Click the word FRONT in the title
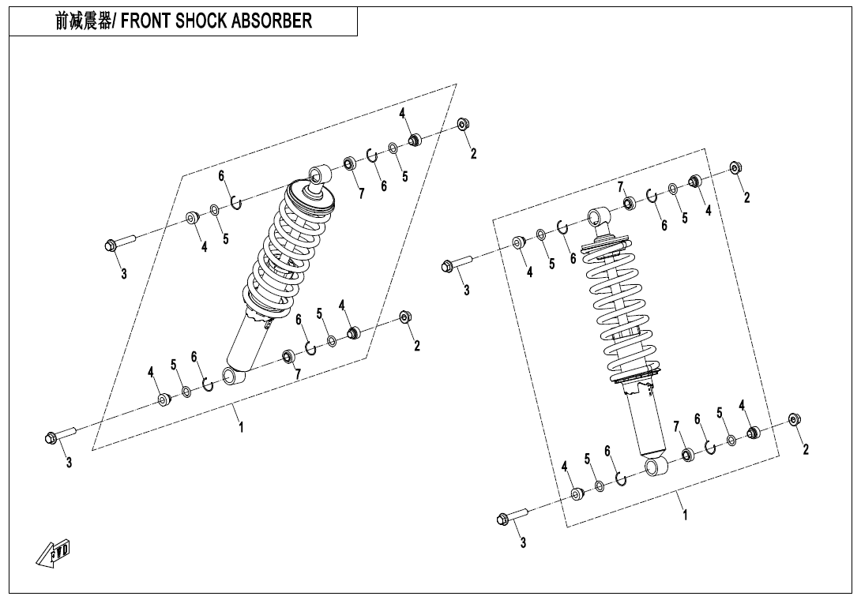tap(148, 21)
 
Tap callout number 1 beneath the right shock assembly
tap(685, 514)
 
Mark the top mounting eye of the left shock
tap(320, 173)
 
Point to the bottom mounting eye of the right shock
tap(657, 467)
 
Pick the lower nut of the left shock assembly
tap(405, 317)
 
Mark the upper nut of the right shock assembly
tap(735, 167)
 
